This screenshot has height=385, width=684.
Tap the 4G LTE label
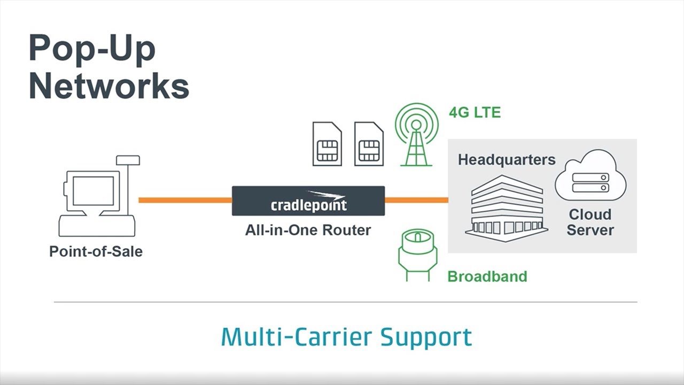[475, 113]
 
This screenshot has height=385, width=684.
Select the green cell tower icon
[416, 135]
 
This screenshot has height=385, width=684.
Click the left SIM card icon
[327, 144]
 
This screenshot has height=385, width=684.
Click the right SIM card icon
[369, 144]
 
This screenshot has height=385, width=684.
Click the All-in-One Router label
[308, 230]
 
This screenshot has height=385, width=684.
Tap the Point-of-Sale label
[96, 251]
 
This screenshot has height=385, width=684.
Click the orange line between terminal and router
[185, 201]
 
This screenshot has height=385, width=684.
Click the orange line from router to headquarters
[416, 201]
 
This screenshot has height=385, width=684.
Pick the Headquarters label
[507, 160]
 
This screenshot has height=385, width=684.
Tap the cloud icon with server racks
[590, 176]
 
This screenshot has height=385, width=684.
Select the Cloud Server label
[590, 222]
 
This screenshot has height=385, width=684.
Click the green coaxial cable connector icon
[417, 255]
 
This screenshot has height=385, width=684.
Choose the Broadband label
[487, 276]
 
